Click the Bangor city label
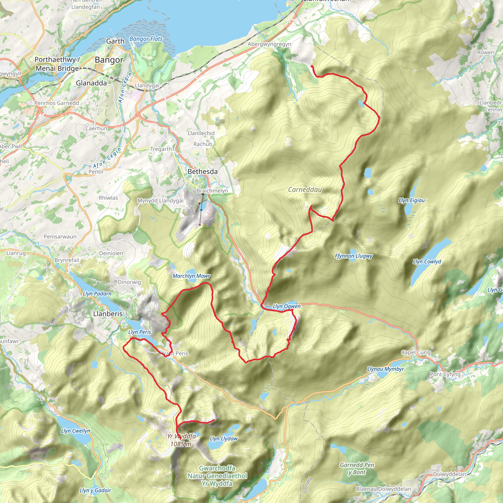[x=109, y=60]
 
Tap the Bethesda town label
[x=203, y=172]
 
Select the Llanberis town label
[x=108, y=314]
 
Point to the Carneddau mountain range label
[x=305, y=190]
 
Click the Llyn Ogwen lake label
[x=286, y=307]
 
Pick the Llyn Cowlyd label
[x=427, y=261]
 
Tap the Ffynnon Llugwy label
[x=354, y=256]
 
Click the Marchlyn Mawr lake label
[x=191, y=276]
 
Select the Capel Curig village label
[x=416, y=352]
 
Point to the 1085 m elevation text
[x=181, y=444]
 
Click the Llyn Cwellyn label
[x=75, y=431]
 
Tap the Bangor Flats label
[x=146, y=39]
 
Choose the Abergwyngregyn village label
[x=269, y=44]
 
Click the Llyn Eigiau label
[x=411, y=200]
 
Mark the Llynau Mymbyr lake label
[x=385, y=369]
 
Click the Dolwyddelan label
[x=449, y=474]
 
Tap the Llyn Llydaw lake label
[x=224, y=439]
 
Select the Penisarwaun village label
[x=60, y=237]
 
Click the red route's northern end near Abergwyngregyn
[x=312, y=67]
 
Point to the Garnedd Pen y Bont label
[x=357, y=469]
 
